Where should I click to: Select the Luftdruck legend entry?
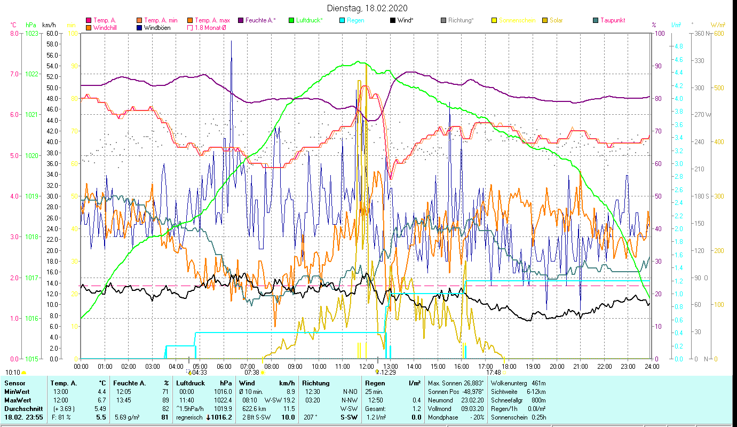(309, 20)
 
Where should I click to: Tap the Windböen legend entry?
(157, 28)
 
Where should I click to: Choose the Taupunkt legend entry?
(612, 20)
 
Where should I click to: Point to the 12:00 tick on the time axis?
(367, 367)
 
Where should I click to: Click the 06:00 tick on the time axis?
(224, 367)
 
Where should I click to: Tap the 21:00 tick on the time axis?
(581, 367)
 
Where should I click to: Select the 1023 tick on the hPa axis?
(31, 33)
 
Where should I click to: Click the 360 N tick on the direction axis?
(702, 33)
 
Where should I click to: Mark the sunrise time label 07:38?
(251, 373)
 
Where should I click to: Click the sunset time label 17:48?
(493, 373)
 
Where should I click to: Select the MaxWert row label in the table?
(17, 400)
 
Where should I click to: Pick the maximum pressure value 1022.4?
(223, 400)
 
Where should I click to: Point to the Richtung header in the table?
(315, 383)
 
